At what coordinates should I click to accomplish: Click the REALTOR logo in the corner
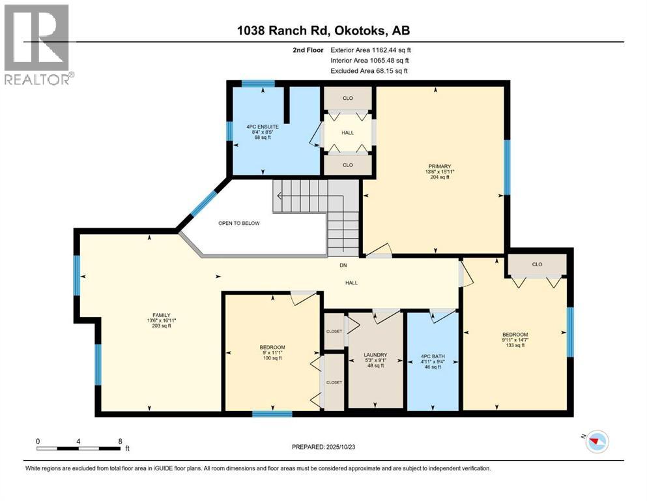pos(37,44)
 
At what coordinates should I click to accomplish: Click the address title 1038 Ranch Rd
pos(283,30)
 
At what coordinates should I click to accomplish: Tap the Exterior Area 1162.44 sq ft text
pos(371,50)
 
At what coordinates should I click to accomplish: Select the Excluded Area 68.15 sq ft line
pos(369,70)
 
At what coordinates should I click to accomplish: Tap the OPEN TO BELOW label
pos(239,223)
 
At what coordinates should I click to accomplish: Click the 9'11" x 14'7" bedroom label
pos(515,339)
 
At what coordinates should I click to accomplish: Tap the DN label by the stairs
pos(343,265)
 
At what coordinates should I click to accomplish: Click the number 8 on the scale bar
pos(120,441)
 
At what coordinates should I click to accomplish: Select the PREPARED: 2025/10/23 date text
pos(323,447)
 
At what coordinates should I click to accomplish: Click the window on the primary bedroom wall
pos(507,167)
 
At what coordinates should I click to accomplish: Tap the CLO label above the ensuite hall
pos(348,98)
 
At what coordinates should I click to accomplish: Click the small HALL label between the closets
pos(348,132)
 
